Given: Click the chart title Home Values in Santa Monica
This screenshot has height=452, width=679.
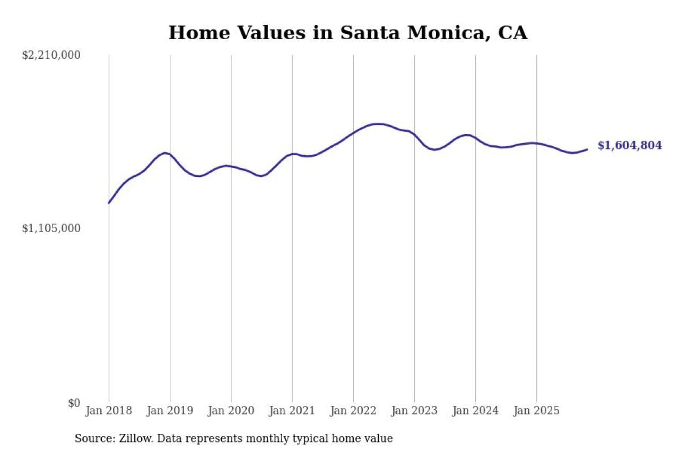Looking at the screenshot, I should click(348, 33).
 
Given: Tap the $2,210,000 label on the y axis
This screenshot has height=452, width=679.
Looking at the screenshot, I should click(51, 55).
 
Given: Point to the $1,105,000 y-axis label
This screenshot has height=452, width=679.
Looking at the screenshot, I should click(51, 228).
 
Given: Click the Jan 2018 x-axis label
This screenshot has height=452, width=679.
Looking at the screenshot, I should click(109, 411).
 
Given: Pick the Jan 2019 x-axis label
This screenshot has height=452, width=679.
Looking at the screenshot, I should click(170, 411).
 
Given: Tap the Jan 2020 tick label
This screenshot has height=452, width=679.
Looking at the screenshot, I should click(231, 411).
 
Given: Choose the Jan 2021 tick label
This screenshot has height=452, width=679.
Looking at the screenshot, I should click(292, 411).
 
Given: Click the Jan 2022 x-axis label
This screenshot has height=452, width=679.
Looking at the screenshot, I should click(353, 411).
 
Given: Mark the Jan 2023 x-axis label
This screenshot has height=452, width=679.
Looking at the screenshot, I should click(414, 411).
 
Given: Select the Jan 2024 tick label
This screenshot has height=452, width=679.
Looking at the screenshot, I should click(475, 411).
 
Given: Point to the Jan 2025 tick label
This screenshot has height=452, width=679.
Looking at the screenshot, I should click(536, 411).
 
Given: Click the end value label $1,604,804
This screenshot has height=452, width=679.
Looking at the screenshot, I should click(630, 146).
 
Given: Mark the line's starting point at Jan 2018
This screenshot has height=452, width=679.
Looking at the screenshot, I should click(109, 203).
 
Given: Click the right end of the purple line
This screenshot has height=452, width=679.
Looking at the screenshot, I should click(587, 149).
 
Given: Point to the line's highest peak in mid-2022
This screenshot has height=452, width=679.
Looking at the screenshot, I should click(378, 124).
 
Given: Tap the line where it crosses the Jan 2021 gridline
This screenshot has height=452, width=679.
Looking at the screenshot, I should click(292, 154).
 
